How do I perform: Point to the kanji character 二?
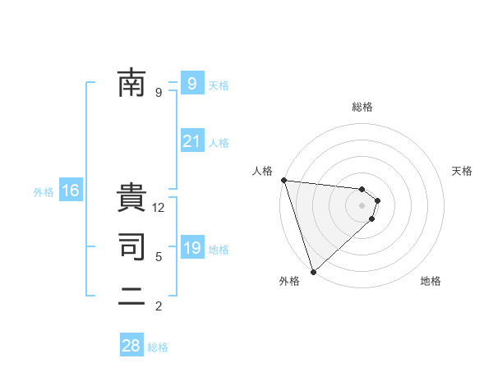pos(131,296)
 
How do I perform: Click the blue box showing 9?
pos(191,83)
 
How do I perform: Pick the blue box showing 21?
pos(191,141)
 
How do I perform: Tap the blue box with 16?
pos(70,191)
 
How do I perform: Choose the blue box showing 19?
pos(191,248)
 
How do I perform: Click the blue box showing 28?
pos(131,346)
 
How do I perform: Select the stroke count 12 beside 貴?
pos(159,209)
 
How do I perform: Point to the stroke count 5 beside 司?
pos(159,257)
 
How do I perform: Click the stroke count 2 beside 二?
pos(159,306)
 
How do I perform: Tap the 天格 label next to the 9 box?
pos(219,85)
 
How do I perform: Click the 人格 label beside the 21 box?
pos(219,143)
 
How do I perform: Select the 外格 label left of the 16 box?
pos(44,192)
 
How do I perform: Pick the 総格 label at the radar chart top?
pos(362,107)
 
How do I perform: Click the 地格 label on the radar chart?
pos(431,281)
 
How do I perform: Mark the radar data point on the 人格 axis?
pos(283,180)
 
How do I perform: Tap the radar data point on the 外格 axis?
pos(313,270)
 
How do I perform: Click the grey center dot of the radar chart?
pos(362,204)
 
